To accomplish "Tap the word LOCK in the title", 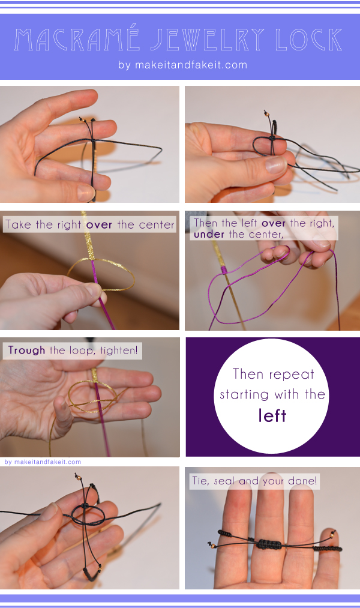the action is [309, 40].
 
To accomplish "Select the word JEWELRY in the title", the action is [208, 40].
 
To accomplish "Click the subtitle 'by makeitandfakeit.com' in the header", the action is [182, 65].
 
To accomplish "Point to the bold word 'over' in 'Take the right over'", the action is [99, 225].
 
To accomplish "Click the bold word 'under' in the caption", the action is [209, 234].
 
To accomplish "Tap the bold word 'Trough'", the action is [27, 351].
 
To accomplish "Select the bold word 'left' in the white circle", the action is [272, 415].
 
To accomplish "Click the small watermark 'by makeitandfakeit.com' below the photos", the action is [43, 462].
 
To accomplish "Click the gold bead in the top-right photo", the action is [266, 113].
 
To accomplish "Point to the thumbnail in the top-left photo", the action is [86, 192].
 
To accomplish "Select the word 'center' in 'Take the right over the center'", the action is [157, 225].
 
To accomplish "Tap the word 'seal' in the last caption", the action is [224, 481].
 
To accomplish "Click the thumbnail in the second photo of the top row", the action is [276, 165].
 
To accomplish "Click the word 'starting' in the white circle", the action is [244, 395].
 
